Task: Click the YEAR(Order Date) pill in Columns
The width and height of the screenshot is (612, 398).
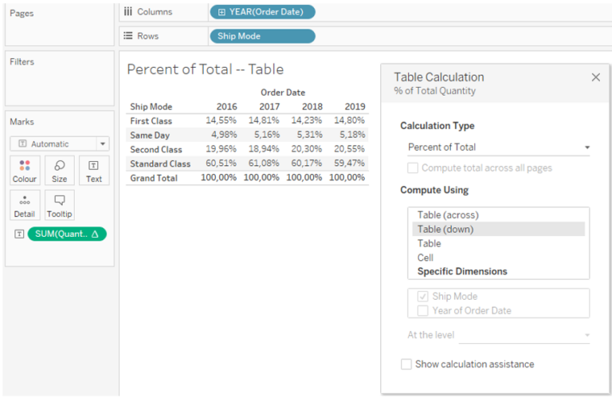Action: click(x=262, y=12)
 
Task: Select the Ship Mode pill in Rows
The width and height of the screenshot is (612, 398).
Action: click(x=262, y=36)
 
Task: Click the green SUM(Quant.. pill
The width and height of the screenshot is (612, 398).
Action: click(x=67, y=234)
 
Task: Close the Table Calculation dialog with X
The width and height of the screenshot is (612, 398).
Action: click(x=595, y=77)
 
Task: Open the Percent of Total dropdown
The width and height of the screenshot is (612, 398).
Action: click(x=498, y=148)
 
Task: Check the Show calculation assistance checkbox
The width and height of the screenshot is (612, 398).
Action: click(x=407, y=365)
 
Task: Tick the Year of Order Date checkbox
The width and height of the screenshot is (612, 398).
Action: click(x=423, y=310)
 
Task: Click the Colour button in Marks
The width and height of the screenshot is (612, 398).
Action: click(x=25, y=171)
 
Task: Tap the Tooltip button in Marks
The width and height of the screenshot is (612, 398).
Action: click(x=60, y=206)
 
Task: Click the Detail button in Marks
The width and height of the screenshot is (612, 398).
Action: click(x=25, y=206)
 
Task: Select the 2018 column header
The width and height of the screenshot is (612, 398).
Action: click(x=312, y=107)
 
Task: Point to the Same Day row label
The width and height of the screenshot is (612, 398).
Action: click(x=150, y=136)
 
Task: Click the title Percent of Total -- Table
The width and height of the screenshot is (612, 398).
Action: click(x=205, y=69)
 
